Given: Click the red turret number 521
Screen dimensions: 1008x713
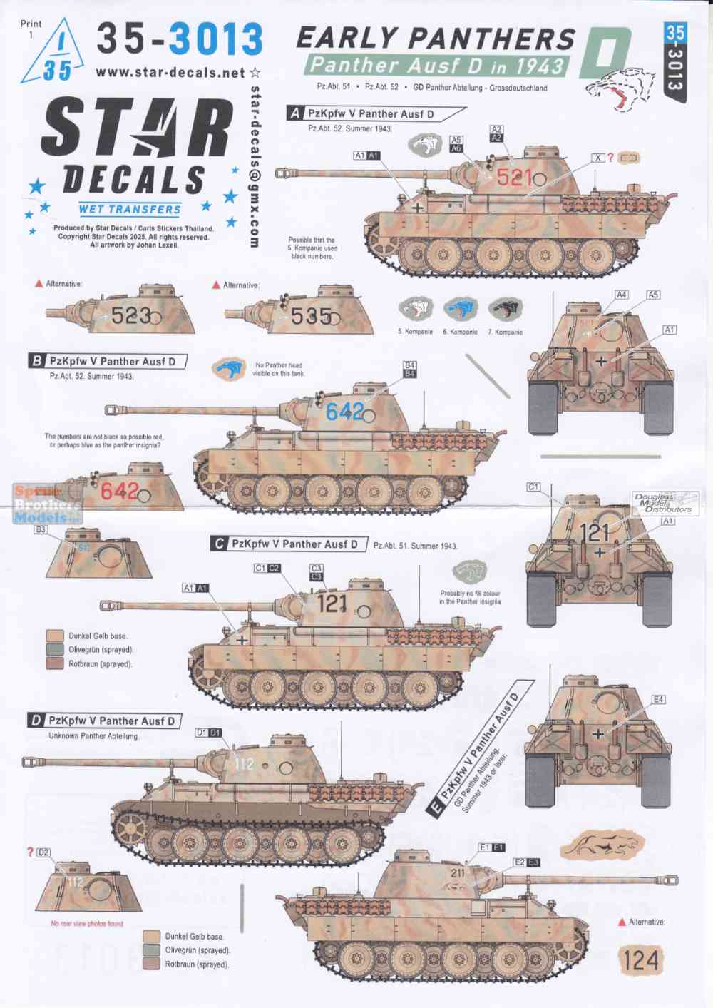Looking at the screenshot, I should point(514,177).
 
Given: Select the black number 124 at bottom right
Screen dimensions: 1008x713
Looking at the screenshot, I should point(641,960).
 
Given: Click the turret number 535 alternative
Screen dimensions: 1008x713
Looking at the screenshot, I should point(311,316).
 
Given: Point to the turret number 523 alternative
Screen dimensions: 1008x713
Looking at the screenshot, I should point(131,315).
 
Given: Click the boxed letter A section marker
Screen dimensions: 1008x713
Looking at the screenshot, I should point(295,113).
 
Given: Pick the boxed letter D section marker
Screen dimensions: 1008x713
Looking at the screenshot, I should point(36,721).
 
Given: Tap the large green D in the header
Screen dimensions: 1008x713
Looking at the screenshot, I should point(605,53).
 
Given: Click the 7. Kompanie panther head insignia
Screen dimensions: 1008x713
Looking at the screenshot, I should point(505,310).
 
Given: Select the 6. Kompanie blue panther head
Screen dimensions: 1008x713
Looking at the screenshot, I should point(460,310).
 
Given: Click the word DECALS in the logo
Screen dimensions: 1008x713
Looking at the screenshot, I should point(133,179).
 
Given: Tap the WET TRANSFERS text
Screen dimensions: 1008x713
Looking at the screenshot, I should point(130,210).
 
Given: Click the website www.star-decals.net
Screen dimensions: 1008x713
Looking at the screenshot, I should point(170,73).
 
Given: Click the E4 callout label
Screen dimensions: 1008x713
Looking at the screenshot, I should point(658,700).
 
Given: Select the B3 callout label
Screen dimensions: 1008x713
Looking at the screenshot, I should point(41,529).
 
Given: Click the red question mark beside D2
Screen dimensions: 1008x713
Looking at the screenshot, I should point(29,852).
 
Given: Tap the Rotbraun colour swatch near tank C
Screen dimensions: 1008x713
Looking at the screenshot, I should point(55,663).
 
